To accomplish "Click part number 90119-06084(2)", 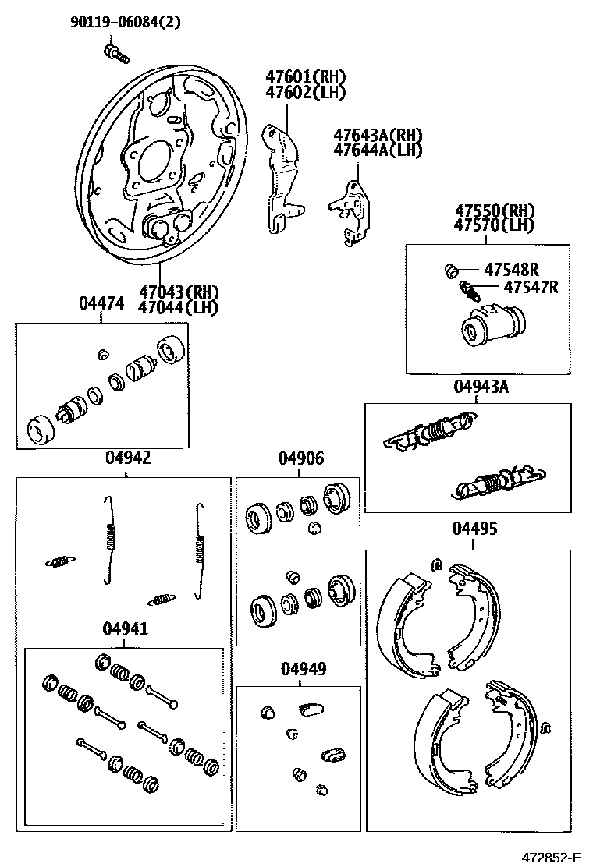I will click(x=126, y=22).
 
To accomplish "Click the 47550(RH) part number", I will click(x=495, y=211).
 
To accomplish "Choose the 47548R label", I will click(x=511, y=270).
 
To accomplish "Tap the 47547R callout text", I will click(x=531, y=287).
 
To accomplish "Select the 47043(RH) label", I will click(x=179, y=292).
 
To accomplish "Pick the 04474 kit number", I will click(x=101, y=304).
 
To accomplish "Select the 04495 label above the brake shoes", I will click(x=474, y=529).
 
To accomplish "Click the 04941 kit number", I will click(x=125, y=629).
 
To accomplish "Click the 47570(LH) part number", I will click(x=495, y=226).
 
